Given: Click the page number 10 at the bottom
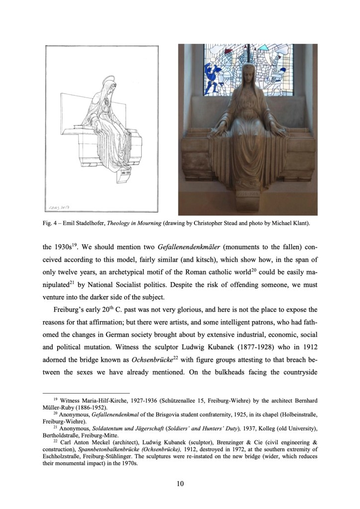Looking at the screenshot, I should pyautogui.click(x=180, y=482).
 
